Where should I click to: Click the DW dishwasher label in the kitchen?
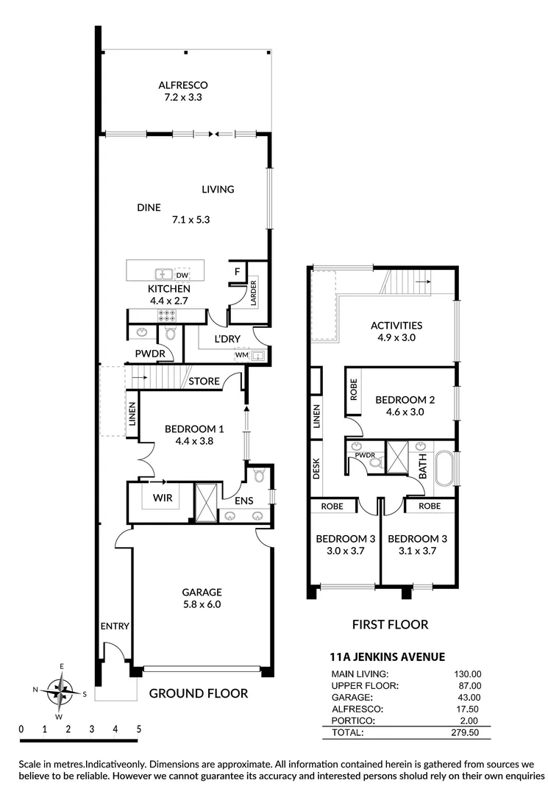[181, 275]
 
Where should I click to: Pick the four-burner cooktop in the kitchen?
[167, 315]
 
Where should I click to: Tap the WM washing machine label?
[241, 355]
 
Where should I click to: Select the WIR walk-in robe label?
[163, 498]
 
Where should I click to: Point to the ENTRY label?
[115, 626]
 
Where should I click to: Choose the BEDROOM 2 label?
[405, 400]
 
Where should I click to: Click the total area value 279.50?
[465, 733]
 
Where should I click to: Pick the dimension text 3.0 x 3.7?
[346, 551]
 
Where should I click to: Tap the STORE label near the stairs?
[204, 382]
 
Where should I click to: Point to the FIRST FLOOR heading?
[390, 625]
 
